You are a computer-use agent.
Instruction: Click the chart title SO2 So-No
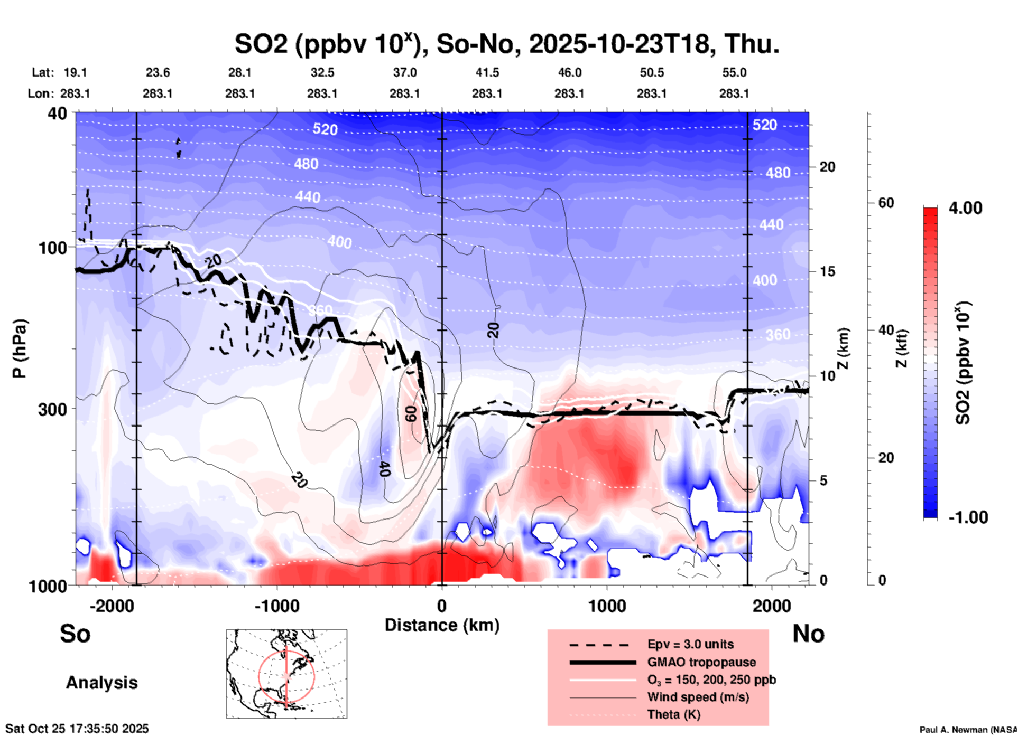point(506,44)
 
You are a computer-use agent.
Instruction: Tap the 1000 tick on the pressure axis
point(52,586)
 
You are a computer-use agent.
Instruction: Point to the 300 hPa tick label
point(53,409)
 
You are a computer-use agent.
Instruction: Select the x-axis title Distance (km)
point(442,625)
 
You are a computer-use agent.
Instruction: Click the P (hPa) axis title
point(19,348)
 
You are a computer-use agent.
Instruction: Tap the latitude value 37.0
point(404,72)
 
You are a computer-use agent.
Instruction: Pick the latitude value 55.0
point(734,72)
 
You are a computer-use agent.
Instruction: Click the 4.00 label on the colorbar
point(965,208)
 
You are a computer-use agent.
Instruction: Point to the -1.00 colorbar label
point(968,517)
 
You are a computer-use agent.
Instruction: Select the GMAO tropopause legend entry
point(701,662)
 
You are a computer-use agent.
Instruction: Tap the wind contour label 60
point(411,414)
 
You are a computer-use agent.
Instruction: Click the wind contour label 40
point(384,468)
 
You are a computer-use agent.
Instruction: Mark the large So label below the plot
point(75,634)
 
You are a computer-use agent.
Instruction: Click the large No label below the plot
point(808,634)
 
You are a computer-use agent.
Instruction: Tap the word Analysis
point(101,683)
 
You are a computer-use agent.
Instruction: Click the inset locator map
point(286,674)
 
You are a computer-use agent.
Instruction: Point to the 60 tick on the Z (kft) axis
point(886,203)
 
